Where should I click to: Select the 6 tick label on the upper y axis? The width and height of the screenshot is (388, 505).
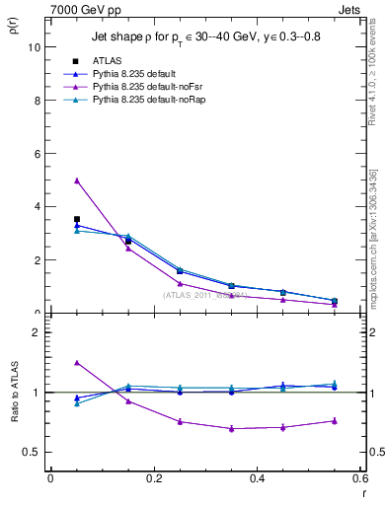[36, 154]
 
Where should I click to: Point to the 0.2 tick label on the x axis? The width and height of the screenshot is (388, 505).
[153, 479]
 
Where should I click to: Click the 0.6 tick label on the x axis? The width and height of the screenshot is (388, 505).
[359, 479]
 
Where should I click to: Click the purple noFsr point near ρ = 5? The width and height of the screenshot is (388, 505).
[77, 180]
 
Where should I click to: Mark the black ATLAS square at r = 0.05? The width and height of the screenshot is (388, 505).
[77, 219]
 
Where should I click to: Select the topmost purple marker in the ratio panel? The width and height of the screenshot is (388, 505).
[77, 363]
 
